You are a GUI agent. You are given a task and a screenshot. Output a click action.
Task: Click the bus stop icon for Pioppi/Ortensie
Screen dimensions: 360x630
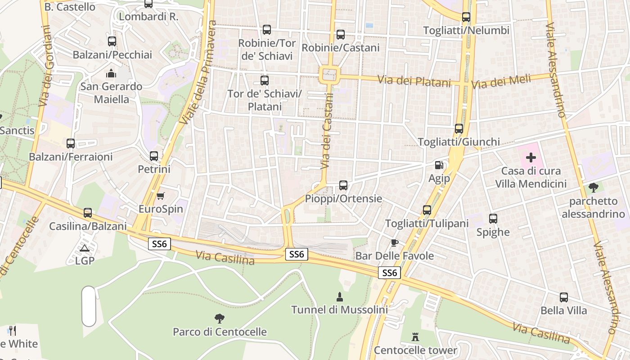(343, 185)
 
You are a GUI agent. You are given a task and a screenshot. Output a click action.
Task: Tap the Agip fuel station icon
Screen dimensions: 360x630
(439, 166)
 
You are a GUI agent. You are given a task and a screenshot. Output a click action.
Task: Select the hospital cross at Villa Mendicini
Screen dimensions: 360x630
(531, 157)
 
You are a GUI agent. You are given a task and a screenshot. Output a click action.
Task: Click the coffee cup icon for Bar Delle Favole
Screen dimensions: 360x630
(395, 243)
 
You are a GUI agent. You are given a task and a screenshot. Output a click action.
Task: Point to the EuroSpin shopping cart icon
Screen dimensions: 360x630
(161, 196)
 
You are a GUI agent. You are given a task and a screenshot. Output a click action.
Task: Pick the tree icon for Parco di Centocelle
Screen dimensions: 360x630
(220, 319)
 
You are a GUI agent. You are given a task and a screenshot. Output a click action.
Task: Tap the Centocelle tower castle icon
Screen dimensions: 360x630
(415, 337)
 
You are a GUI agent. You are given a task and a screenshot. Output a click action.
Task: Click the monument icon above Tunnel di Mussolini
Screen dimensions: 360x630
(340, 297)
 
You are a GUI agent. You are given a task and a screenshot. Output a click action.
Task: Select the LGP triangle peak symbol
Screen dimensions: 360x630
(85, 248)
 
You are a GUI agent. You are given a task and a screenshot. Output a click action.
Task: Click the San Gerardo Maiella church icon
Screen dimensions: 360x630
(111, 73)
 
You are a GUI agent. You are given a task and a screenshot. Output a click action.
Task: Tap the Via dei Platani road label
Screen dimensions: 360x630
(414, 81)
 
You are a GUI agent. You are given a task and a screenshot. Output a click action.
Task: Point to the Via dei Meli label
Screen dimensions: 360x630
(501, 82)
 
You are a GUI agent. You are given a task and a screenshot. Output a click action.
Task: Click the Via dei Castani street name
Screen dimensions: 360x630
(327, 131)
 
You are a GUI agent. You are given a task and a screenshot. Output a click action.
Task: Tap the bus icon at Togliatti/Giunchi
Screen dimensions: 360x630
(459, 129)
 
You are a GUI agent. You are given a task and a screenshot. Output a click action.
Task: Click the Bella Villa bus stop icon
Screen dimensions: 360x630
(564, 297)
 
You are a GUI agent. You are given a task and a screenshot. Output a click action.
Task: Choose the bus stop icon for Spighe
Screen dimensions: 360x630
(493, 219)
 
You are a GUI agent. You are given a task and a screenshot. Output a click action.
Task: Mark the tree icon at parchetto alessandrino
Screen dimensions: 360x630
(594, 188)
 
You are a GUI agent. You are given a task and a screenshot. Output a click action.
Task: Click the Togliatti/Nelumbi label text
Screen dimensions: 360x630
(466, 31)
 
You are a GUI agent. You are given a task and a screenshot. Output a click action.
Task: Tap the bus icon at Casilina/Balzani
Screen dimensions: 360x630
(88, 213)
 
